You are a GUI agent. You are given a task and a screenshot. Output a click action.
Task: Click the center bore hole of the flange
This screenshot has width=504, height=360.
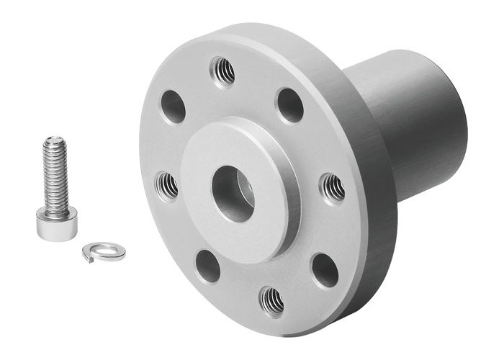click(x=233, y=193)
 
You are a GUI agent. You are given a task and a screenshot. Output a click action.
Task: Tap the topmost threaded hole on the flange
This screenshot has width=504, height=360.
click(x=222, y=71)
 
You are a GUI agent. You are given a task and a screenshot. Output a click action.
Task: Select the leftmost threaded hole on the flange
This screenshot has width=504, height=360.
click(x=167, y=186)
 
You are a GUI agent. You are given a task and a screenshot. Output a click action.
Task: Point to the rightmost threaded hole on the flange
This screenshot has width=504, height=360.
click(x=331, y=188)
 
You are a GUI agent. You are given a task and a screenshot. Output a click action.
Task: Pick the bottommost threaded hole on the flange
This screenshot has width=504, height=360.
click(x=271, y=300)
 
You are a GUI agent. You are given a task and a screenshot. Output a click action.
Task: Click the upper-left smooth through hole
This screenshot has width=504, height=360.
click(x=173, y=107)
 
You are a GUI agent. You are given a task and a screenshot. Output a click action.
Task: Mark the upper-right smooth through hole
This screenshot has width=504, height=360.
click(x=289, y=105)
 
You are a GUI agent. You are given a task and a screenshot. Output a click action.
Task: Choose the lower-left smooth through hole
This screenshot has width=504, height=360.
click(x=207, y=266)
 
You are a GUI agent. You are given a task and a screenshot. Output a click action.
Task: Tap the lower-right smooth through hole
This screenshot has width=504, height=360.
click(x=325, y=269)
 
